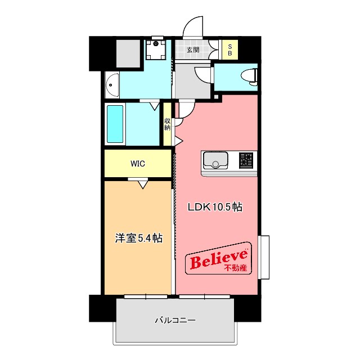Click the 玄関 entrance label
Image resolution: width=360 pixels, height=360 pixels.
click(x=192, y=49)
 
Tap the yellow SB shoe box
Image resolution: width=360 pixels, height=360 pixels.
click(x=229, y=50)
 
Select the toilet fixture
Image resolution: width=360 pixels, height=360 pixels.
click(x=248, y=75)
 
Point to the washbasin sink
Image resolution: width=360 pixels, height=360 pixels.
click(x=112, y=84)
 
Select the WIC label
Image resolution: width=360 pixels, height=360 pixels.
click(x=138, y=164)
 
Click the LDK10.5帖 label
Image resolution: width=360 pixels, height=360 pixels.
click(x=215, y=207)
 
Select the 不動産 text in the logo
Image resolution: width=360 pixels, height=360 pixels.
click(x=236, y=268)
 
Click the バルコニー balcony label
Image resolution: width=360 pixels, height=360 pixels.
click(x=175, y=321)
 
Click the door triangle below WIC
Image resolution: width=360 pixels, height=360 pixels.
click(x=142, y=183)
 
